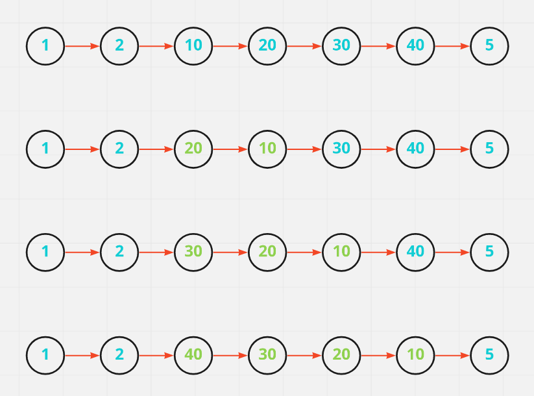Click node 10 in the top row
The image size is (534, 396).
pyautogui.click(x=193, y=46)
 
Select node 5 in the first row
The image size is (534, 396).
pyautogui.click(x=489, y=46)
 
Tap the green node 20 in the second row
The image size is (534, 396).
pyautogui.click(x=193, y=149)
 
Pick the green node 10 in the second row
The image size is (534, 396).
pyautogui.click(x=267, y=149)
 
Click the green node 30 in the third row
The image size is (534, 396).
pyautogui.click(x=193, y=251)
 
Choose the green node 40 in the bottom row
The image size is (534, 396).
pyautogui.click(x=193, y=355)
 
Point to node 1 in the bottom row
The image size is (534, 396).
pyautogui.click(x=45, y=355)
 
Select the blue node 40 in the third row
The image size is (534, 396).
pyautogui.click(x=415, y=251)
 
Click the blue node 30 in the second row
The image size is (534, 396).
pyautogui.click(x=341, y=149)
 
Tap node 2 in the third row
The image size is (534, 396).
pyautogui.click(x=119, y=251)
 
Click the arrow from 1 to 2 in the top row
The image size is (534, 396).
pyautogui.click(x=82, y=46)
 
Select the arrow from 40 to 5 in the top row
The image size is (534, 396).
pyautogui.click(x=452, y=46)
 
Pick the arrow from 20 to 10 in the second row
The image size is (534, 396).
pyautogui.click(x=230, y=149)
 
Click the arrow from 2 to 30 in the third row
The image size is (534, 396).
pyautogui.click(x=156, y=251)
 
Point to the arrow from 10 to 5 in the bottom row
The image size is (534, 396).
pyautogui.click(x=452, y=355)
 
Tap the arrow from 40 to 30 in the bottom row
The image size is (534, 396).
pyautogui.click(x=230, y=355)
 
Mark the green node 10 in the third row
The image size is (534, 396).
pyautogui.click(x=341, y=251)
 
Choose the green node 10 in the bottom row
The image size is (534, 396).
pyautogui.click(x=415, y=355)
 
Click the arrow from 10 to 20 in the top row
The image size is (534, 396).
pyautogui.click(x=230, y=46)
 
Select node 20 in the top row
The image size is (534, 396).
pyautogui.click(x=267, y=46)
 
